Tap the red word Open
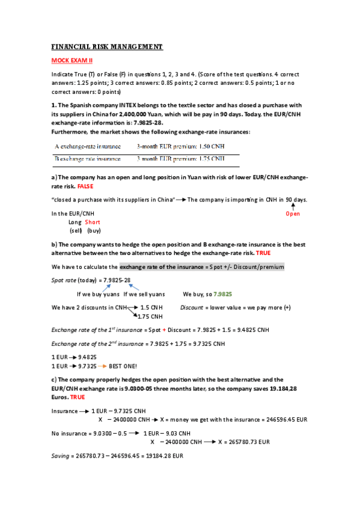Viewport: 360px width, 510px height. [x=293, y=214]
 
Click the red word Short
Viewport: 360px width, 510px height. [x=92, y=222]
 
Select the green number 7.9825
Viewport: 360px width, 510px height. [x=222, y=295]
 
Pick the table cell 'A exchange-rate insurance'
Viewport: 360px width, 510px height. [x=88, y=146]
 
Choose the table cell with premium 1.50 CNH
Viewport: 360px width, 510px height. [x=180, y=146]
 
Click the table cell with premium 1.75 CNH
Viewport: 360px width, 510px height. [x=180, y=159]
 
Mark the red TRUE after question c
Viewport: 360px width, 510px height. [x=78, y=398]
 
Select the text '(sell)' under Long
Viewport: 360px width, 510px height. [x=76, y=230]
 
